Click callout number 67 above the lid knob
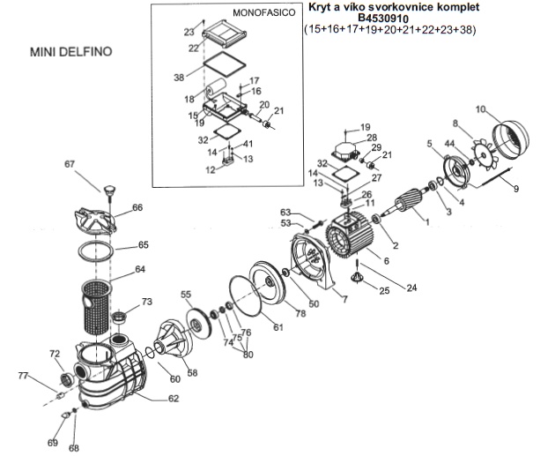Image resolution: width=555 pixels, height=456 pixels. point(70,163)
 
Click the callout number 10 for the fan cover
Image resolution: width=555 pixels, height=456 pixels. point(481,109)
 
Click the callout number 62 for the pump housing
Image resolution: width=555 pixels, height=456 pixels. point(173,398)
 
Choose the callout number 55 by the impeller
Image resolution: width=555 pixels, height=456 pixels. point(186,294)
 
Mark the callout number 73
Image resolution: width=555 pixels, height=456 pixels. point(146,302)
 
